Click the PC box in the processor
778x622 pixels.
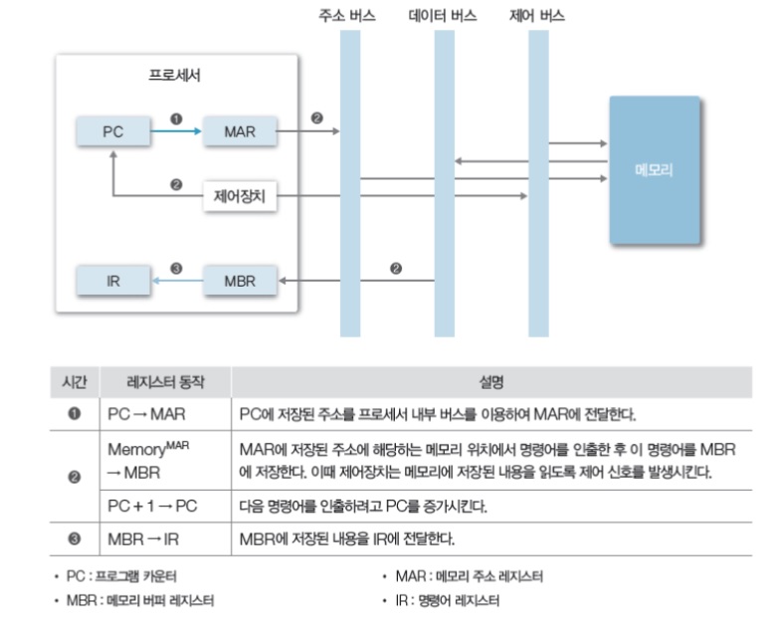113,130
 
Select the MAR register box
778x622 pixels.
240,130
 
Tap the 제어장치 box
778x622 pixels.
240,196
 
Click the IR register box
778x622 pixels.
113,281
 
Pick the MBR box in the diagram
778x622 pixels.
240,281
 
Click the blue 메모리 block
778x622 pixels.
654,170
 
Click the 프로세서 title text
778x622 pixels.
175,75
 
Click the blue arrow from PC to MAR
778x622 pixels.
176,130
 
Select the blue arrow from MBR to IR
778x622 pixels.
176,281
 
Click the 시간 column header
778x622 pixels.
75,381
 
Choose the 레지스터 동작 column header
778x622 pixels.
165,381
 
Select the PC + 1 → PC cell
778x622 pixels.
152,507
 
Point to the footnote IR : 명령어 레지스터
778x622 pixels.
447,600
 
